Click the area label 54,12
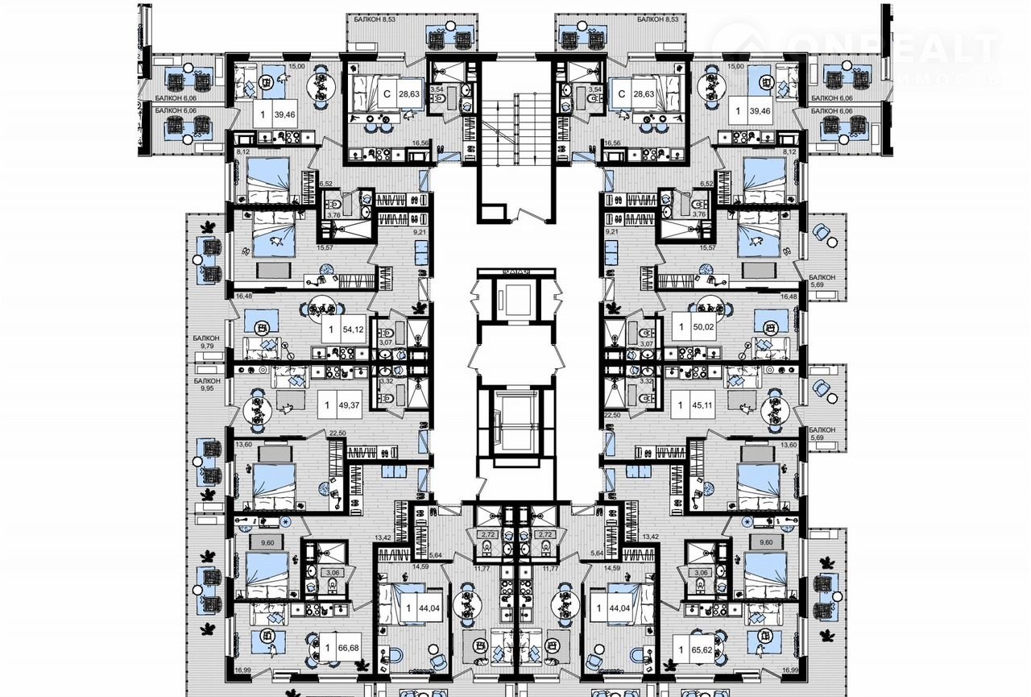point(351,330)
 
